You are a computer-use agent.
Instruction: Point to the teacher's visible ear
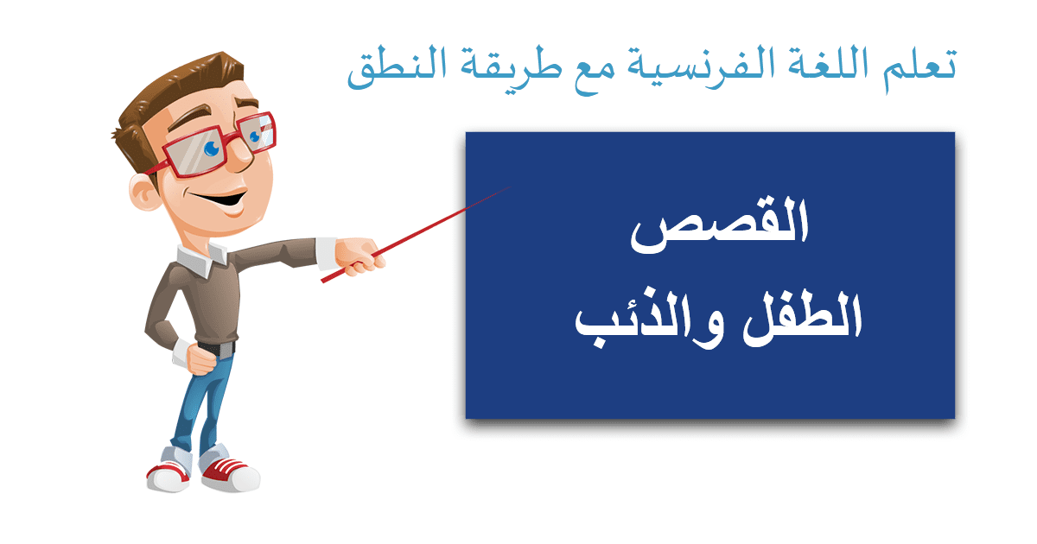(143, 193)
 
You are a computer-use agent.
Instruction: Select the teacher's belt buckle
(226, 350)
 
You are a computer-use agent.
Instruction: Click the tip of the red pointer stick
(511, 187)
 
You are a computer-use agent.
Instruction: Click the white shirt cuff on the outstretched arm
(327, 253)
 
